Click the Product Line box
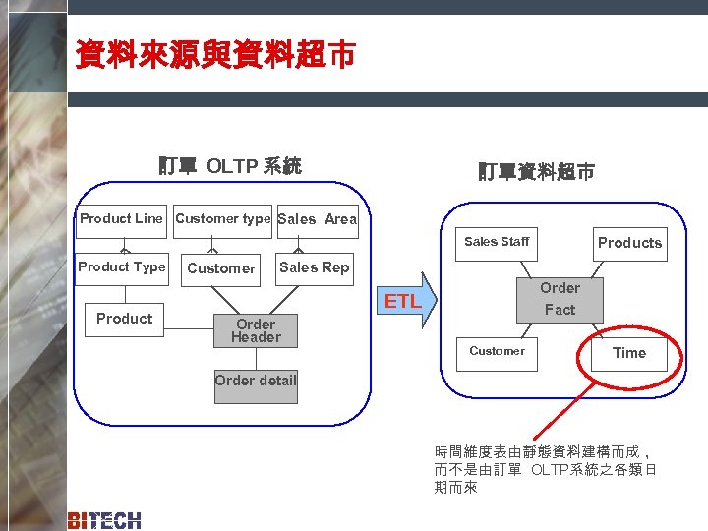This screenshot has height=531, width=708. click(121, 219)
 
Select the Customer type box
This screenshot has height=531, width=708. click(222, 219)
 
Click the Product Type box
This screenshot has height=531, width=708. click(122, 267)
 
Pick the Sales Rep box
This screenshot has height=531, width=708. click(314, 267)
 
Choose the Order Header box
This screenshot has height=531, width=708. click(256, 331)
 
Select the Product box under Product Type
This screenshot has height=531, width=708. click(124, 319)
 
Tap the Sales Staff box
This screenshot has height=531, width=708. click(497, 242)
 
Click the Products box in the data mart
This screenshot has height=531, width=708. click(629, 243)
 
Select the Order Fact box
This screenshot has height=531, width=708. click(560, 299)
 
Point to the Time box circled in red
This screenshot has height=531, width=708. click(629, 353)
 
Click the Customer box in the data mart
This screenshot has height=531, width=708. click(497, 352)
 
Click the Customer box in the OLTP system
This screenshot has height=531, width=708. click(221, 268)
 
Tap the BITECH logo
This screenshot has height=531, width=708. click(104, 520)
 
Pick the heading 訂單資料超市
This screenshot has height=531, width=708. click(536, 172)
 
